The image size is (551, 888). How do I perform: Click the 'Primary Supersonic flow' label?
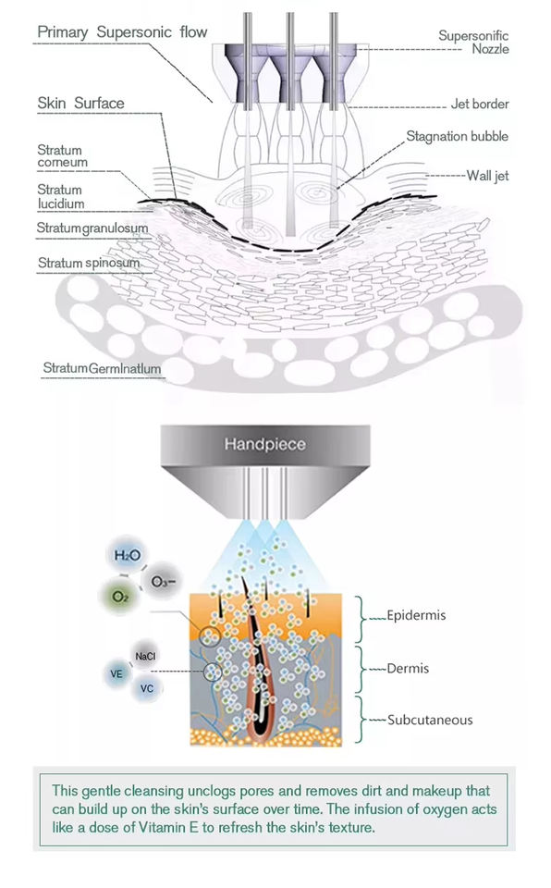click(122, 32)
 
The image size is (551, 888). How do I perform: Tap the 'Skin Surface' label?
click(80, 103)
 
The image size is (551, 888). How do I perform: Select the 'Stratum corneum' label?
click(62, 156)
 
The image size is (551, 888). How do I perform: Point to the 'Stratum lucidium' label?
click(61, 196)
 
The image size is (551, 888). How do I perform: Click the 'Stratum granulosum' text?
click(92, 228)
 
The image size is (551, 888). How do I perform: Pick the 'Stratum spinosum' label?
click(89, 263)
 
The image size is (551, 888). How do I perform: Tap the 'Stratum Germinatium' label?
click(102, 368)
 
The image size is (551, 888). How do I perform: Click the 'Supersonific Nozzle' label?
click(473, 43)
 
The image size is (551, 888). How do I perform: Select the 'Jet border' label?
click(480, 104)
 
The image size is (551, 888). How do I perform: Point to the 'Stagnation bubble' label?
click(457, 137)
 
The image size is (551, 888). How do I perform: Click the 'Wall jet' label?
click(487, 176)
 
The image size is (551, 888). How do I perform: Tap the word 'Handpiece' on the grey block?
click(265, 444)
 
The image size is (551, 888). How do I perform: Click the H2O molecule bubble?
click(127, 555)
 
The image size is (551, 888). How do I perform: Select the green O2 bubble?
click(120, 597)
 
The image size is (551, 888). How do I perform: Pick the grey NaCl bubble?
click(145, 656)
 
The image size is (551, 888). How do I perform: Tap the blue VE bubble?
click(116, 673)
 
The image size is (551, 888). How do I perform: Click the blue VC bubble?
click(147, 688)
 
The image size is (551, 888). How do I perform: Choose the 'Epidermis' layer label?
click(416, 616)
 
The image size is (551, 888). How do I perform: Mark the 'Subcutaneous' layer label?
click(430, 720)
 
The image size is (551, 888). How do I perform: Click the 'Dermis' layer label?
click(408, 668)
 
